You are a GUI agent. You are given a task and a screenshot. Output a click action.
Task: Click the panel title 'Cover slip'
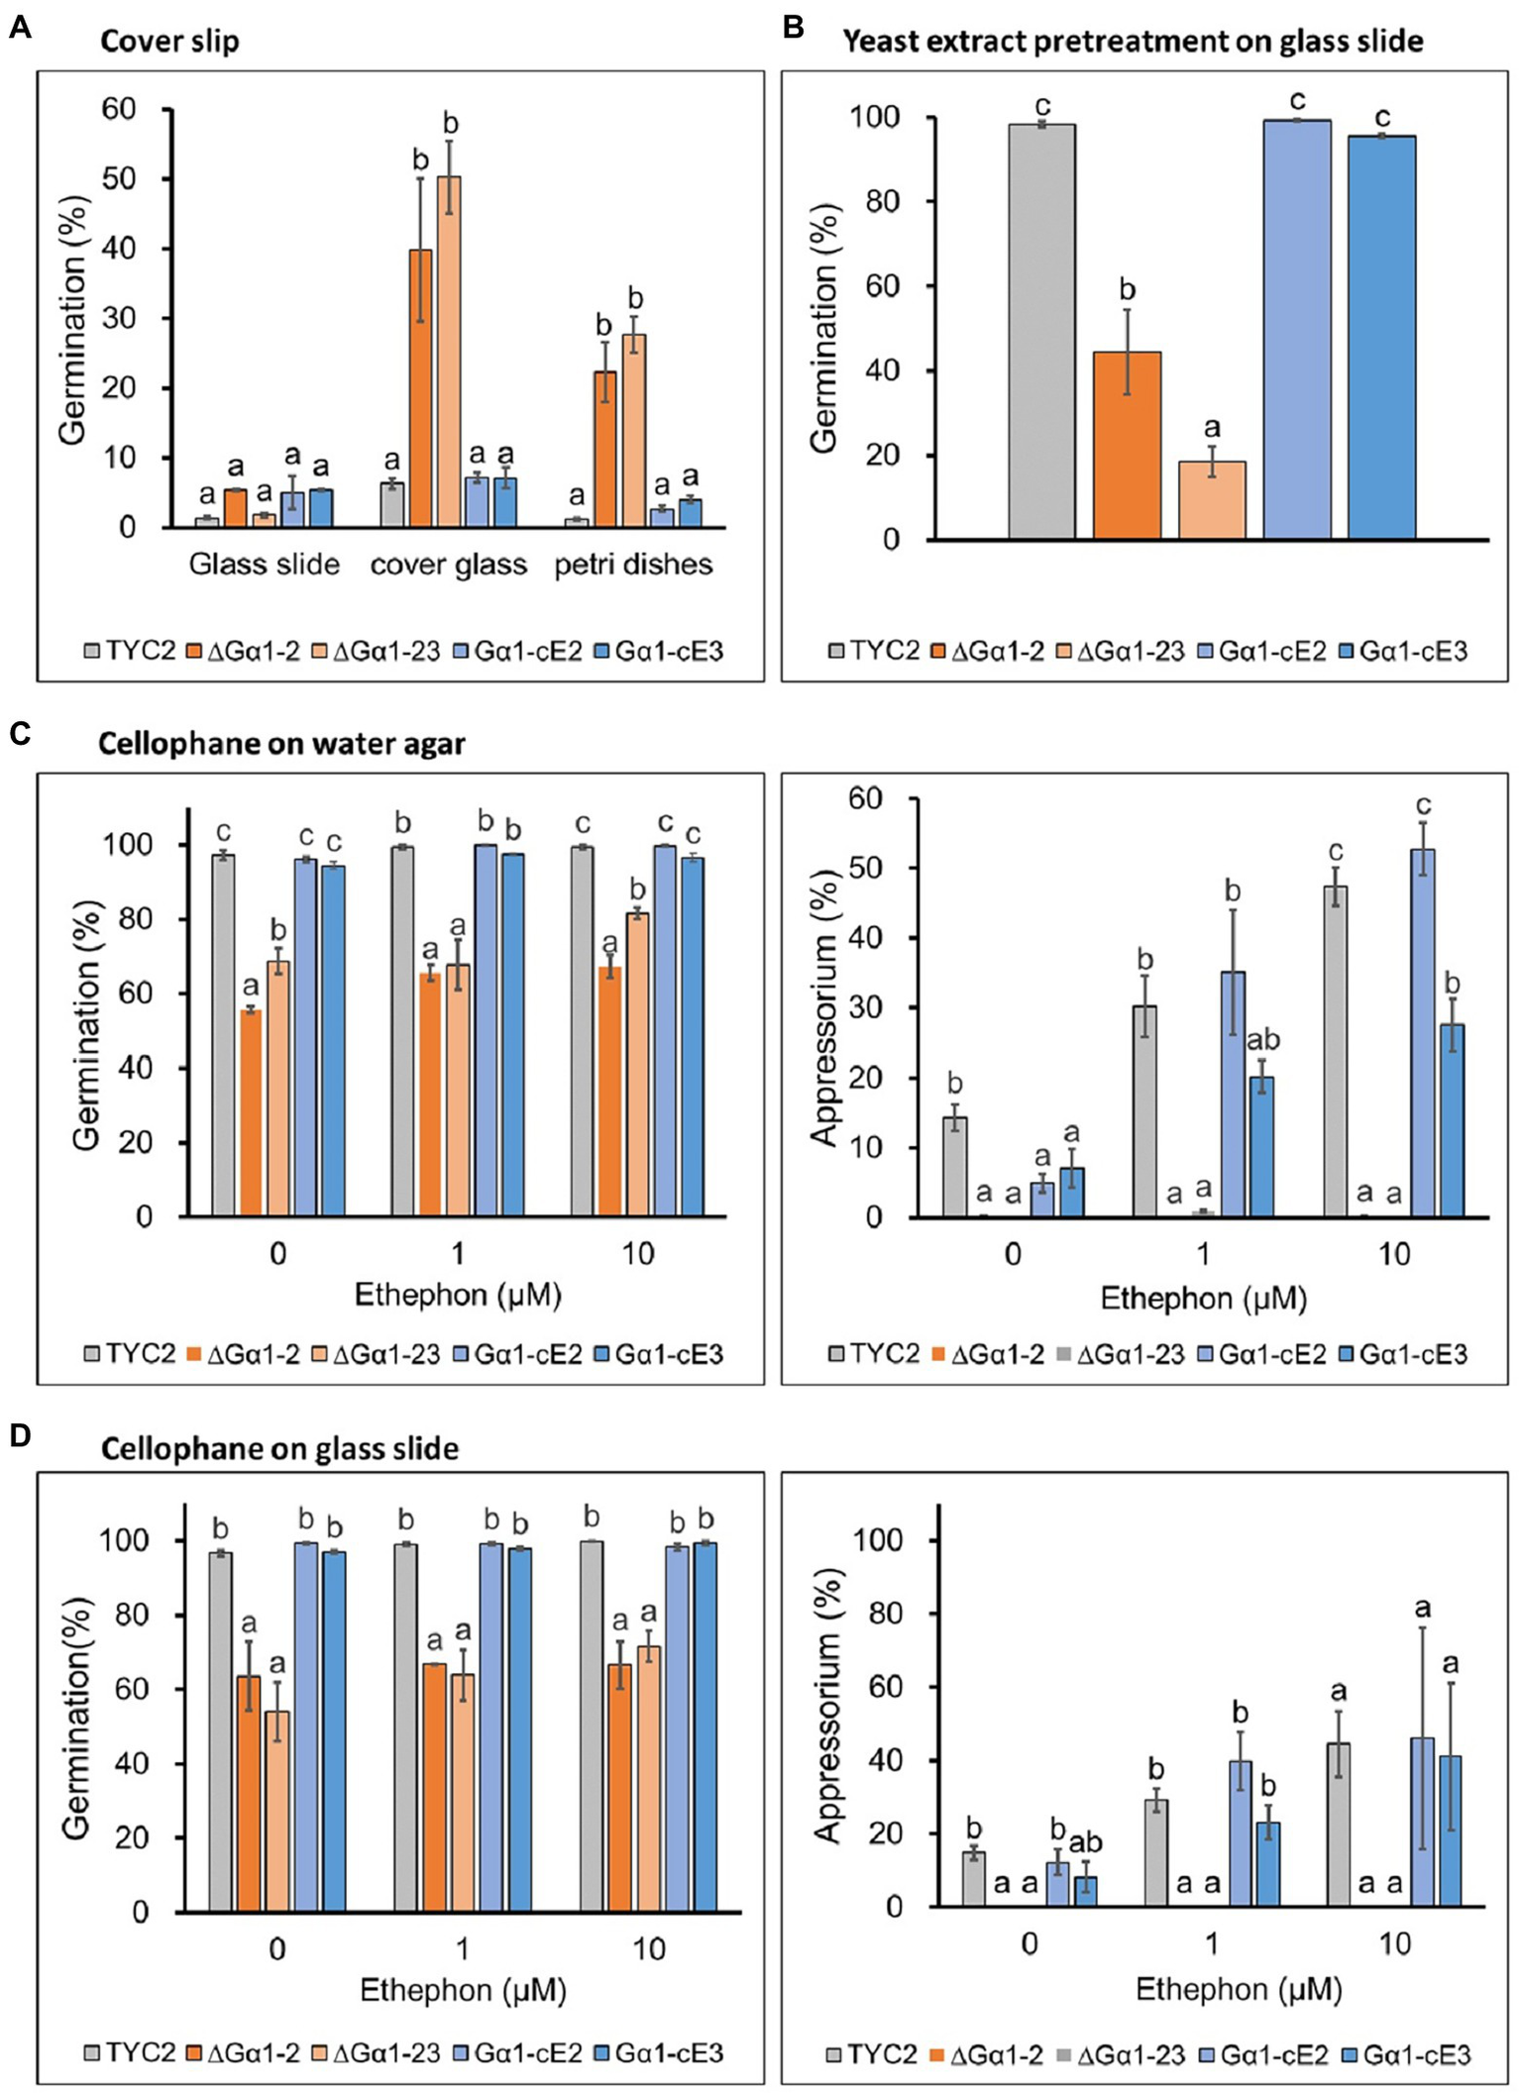[169, 42]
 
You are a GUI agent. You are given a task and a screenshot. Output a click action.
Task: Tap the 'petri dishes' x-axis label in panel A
[633, 565]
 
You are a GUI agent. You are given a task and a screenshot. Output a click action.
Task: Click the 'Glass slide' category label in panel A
[265, 565]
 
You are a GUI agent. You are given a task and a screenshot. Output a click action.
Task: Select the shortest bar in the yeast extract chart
[1212, 500]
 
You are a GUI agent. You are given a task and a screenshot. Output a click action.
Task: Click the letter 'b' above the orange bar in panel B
[1127, 290]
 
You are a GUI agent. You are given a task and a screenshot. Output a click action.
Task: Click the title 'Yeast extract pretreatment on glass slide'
[1133, 42]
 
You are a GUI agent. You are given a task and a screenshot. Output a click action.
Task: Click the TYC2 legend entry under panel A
[130, 651]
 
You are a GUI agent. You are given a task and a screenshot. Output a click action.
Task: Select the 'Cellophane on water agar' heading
[281, 744]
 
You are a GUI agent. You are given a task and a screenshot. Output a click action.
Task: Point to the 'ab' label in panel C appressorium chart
[1262, 1040]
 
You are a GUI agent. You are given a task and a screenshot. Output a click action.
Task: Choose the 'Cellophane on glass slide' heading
[279, 1449]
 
